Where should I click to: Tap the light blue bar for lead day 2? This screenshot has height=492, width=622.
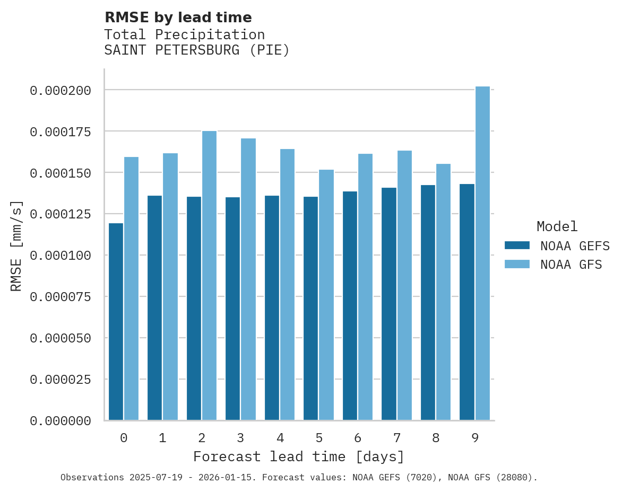tap(209, 276)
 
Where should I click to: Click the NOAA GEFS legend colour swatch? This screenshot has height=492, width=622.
tap(517, 245)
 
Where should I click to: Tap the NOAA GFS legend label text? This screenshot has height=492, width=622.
tap(571, 265)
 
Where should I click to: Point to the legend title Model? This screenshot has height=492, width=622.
tap(557, 227)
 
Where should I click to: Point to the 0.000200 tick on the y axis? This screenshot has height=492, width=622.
tap(61, 91)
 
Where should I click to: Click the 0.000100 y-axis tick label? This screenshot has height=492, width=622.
tap(61, 256)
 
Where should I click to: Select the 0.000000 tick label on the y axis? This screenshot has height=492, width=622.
tap(61, 421)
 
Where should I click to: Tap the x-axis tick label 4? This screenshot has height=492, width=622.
tap(280, 438)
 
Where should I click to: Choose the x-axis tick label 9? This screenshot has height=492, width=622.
tap(475, 438)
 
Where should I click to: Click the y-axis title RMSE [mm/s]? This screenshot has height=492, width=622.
tap(16, 245)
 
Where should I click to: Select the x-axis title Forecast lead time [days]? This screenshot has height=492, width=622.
tap(299, 456)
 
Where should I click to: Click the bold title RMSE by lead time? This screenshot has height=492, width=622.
tap(178, 17)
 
